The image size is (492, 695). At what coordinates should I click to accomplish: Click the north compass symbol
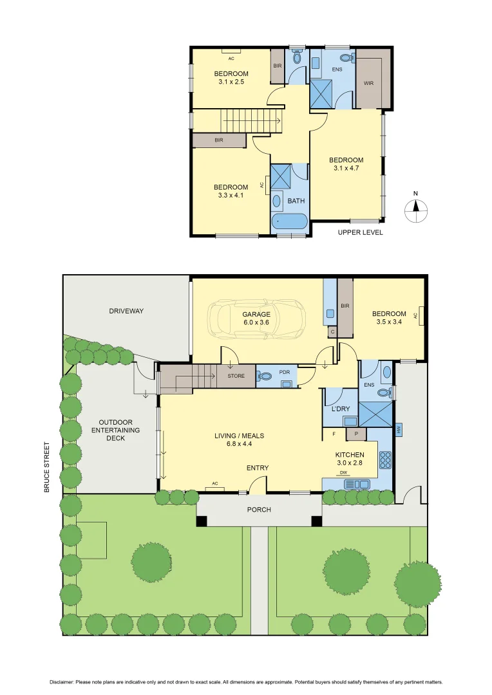pyautogui.click(x=416, y=207)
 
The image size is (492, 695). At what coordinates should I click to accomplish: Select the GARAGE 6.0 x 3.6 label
pyautogui.click(x=256, y=319)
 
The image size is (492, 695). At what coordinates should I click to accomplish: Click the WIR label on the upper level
pyautogui.click(x=369, y=83)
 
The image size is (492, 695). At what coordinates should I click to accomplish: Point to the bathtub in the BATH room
pyautogui.click(x=290, y=223)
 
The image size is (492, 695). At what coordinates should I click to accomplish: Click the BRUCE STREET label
pyautogui.click(x=46, y=467)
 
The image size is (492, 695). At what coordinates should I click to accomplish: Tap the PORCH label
pyautogui.click(x=259, y=510)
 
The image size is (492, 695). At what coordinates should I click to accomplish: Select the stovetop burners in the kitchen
pyautogui.click(x=385, y=459)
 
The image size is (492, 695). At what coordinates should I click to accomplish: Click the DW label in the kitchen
pyautogui.click(x=343, y=473)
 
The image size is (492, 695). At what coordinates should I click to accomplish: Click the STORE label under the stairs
pyautogui.click(x=236, y=376)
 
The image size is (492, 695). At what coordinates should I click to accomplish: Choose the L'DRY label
pyautogui.click(x=340, y=409)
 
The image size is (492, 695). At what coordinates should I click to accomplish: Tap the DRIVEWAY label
pyautogui.click(x=126, y=311)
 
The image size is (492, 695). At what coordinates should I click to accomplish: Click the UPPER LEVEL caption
pyautogui.click(x=360, y=232)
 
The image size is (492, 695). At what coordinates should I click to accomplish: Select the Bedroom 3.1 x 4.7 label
pyautogui.click(x=346, y=164)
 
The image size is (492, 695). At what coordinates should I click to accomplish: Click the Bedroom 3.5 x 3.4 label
pyautogui.click(x=389, y=318)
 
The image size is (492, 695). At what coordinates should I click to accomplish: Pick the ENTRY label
pyautogui.click(x=258, y=468)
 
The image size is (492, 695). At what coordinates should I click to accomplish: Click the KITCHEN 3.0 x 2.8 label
pyautogui.click(x=350, y=459)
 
